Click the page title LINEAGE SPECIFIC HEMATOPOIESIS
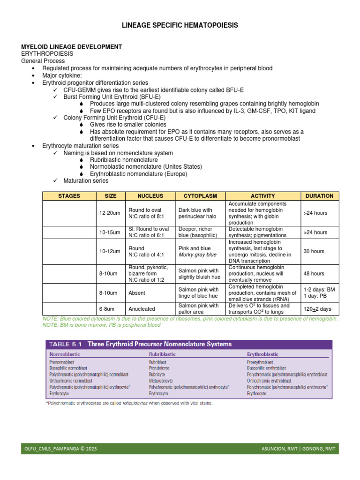click(180, 25)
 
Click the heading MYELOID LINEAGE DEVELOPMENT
click(72, 47)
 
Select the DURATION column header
click(319, 196)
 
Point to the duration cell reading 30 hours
click(314, 252)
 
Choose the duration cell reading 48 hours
click(314, 274)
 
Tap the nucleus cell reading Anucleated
click(142, 309)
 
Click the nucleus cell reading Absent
click(137, 293)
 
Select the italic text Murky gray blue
click(197, 255)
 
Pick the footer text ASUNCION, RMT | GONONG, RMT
click(298, 449)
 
